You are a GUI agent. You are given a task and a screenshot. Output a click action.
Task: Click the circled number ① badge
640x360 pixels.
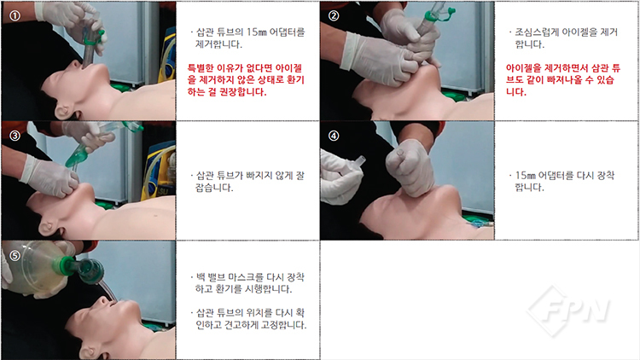(x=15, y=15)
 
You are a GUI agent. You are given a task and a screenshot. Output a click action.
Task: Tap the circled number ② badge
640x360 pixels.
(x=334, y=15)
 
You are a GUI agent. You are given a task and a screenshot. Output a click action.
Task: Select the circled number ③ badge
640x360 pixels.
(x=15, y=136)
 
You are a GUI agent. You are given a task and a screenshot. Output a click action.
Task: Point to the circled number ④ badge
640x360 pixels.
(x=334, y=136)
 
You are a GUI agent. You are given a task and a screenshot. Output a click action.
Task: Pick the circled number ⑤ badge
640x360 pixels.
(x=15, y=256)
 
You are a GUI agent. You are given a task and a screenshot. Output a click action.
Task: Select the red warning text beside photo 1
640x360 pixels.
(x=246, y=80)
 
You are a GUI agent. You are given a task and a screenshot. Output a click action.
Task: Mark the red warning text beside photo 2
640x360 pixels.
(x=563, y=80)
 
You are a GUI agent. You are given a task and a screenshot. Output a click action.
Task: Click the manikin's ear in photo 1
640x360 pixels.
(x=63, y=112)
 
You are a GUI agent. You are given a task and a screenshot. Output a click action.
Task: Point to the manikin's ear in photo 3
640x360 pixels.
(x=49, y=228)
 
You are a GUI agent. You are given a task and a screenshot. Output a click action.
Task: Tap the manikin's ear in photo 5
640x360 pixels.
(x=88, y=352)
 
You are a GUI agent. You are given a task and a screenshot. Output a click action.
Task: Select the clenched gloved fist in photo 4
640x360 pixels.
(x=410, y=167)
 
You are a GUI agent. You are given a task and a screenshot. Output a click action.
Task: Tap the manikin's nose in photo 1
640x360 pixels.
(x=75, y=65)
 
